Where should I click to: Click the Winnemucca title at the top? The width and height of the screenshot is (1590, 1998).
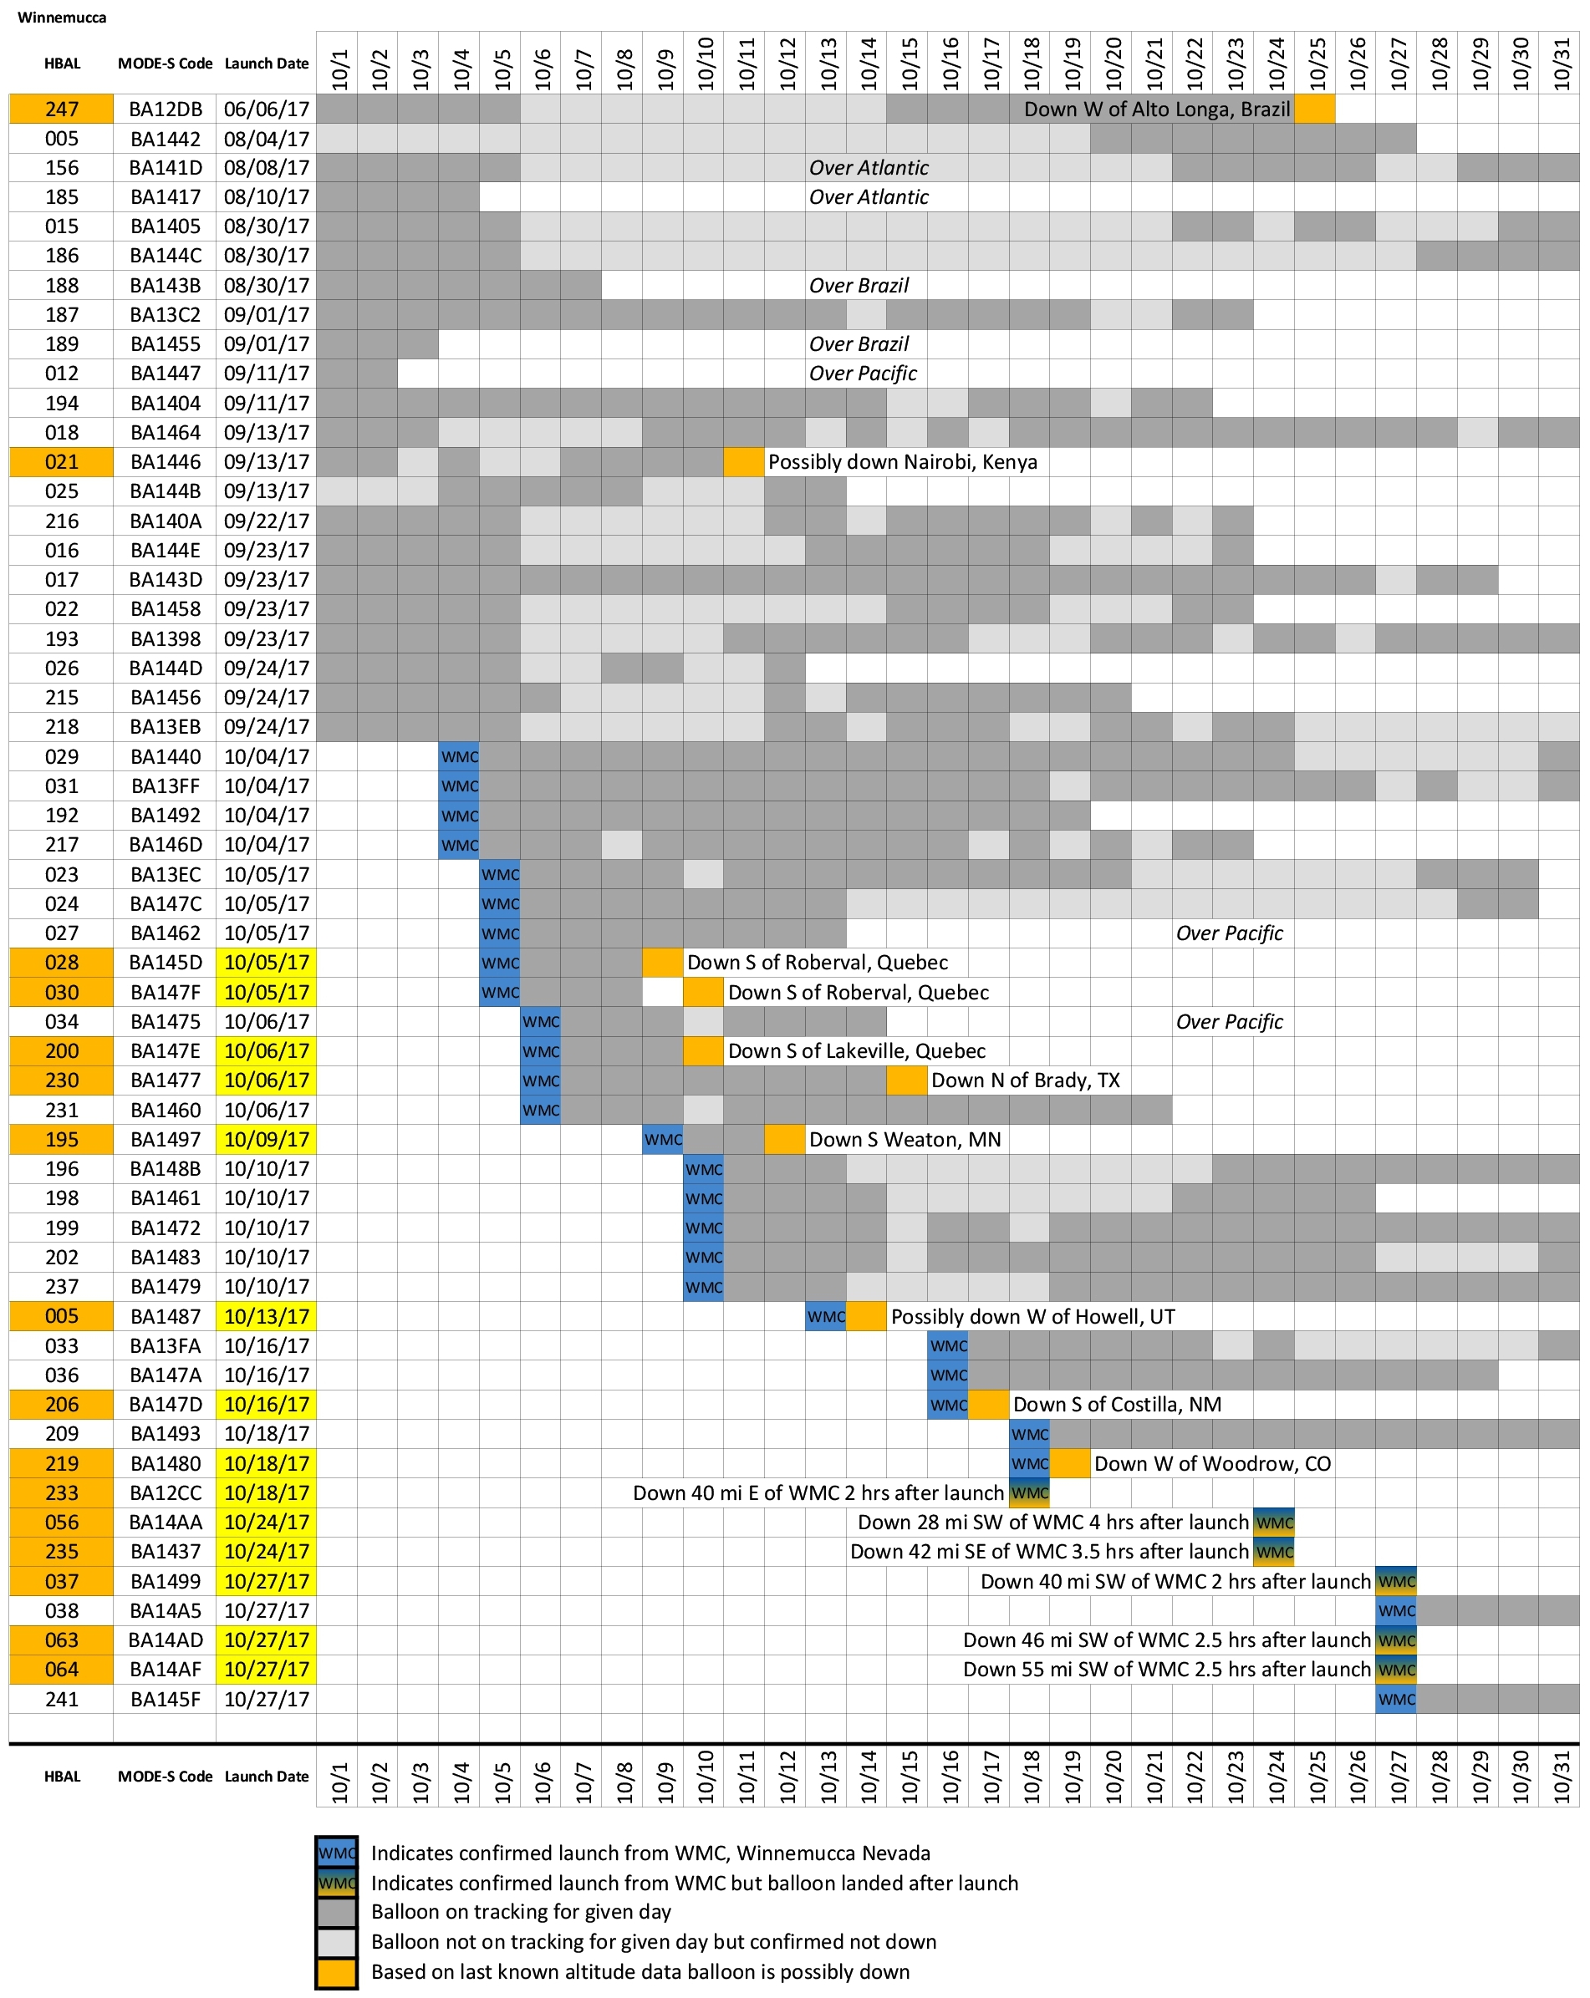point(61,18)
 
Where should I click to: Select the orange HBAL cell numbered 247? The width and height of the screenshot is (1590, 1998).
point(61,109)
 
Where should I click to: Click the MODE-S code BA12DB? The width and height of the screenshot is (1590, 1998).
point(165,109)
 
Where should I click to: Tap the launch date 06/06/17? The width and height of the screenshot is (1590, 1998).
point(266,109)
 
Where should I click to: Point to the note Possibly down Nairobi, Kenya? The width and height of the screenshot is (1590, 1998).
point(902,461)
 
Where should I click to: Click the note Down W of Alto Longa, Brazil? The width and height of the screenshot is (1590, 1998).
point(1156,109)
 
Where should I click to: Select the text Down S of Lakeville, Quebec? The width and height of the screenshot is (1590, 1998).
point(856,1051)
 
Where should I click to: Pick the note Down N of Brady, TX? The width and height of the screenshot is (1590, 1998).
point(1024,1080)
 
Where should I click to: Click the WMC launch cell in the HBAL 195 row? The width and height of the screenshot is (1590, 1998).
point(663,1140)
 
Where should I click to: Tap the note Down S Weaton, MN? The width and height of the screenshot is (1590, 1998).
point(904,1140)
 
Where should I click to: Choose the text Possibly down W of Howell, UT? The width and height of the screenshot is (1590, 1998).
point(1032,1317)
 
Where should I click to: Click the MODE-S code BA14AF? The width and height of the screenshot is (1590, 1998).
point(165,1670)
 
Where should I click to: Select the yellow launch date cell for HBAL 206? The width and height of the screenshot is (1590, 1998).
point(266,1405)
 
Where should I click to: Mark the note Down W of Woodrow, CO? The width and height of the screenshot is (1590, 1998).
point(1212,1464)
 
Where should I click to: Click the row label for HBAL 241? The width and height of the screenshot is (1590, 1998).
point(61,1700)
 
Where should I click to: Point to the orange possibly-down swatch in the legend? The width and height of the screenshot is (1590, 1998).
point(335,1972)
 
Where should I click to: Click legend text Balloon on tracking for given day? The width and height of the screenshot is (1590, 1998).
point(520,1912)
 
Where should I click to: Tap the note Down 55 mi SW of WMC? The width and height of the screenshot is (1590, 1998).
point(1165,1670)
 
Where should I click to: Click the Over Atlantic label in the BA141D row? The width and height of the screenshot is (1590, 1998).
point(868,168)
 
